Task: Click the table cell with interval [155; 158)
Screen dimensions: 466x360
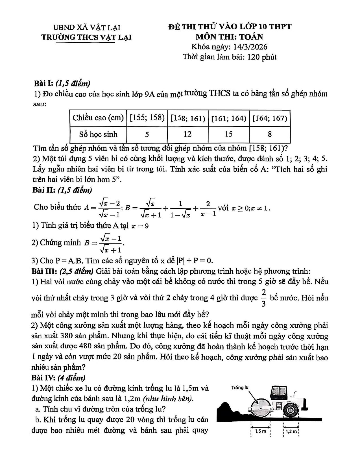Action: click(147, 118)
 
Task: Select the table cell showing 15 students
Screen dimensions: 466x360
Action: click(229, 134)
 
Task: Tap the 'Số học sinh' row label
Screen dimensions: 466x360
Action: click(98, 134)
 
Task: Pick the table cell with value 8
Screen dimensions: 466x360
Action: click(270, 134)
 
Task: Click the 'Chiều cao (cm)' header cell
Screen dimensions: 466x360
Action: click(98, 118)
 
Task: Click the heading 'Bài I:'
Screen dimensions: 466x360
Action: click(43, 83)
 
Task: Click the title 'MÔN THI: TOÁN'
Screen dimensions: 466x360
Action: click(229, 37)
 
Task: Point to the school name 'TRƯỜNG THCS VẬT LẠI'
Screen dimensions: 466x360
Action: click(86, 37)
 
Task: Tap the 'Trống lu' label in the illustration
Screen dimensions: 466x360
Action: click(239, 387)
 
